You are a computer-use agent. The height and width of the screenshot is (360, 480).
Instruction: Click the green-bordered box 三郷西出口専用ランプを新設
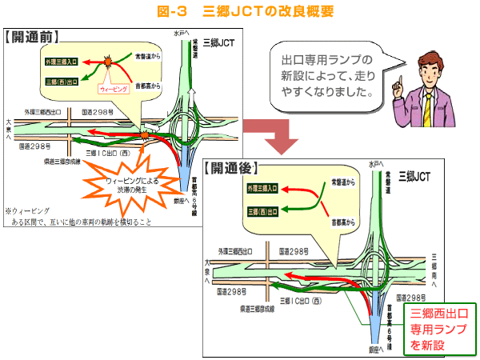click(x=438, y=329)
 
